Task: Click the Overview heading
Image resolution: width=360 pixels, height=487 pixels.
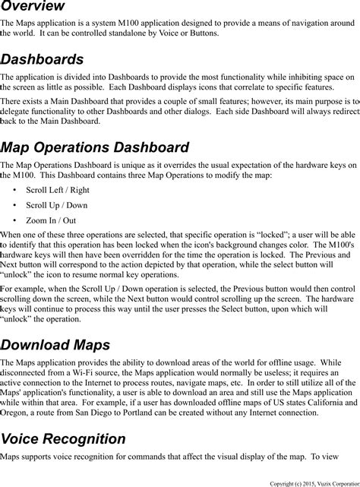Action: [32, 7]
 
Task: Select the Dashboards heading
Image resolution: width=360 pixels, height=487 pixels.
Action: [42, 59]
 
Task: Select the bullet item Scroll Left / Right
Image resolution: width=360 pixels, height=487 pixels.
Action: [58, 190]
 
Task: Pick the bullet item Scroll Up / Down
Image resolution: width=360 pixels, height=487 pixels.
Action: [56, 205]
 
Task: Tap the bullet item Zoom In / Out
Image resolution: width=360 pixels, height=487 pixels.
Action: [51, 220]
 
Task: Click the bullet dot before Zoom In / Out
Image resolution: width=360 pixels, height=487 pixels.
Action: [15, 220]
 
